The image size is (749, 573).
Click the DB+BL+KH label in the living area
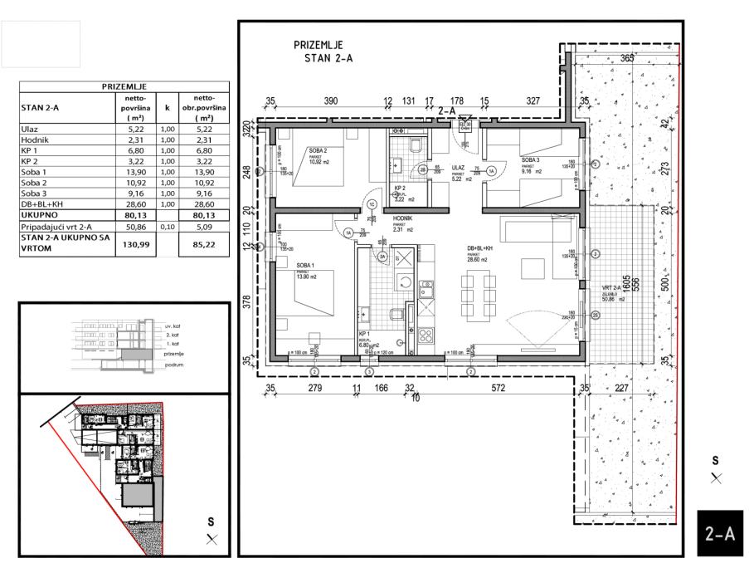480,247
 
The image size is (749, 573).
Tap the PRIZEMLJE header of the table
124,86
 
